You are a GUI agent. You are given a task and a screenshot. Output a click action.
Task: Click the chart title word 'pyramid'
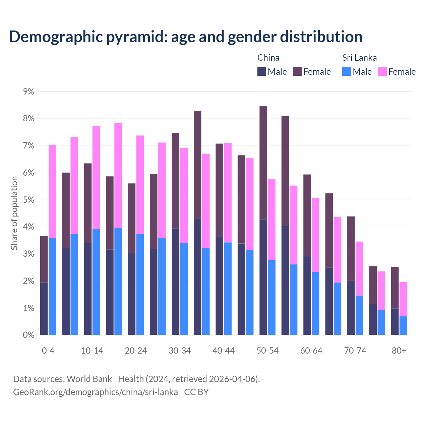pos(136,37)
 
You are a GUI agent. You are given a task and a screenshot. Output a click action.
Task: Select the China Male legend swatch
pos(262,71)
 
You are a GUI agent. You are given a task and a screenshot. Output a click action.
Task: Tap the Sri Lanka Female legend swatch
pos(382,71)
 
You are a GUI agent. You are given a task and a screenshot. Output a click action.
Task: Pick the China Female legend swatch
pos(297,71)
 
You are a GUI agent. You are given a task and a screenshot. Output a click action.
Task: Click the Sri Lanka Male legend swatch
pos(347,71)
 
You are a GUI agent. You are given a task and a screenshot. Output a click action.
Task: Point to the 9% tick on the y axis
pos(28,91)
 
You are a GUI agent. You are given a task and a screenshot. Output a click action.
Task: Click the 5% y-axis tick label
pos(28,200)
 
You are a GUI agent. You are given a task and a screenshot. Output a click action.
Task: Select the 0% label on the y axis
pos(28,335)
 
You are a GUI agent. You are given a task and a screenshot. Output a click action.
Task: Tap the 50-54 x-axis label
pos(267,351)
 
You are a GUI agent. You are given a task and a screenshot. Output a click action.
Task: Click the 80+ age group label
pos(399,351)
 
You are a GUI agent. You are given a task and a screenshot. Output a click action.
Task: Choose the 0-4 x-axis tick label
pos(48,351)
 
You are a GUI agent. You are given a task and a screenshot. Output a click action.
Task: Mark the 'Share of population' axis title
pos(14,213)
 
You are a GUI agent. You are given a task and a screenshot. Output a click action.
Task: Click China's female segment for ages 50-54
pos(263,163)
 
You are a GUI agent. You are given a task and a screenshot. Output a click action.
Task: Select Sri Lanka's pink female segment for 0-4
pos(52,191)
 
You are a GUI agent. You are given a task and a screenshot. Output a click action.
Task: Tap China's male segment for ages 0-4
pos(44,309)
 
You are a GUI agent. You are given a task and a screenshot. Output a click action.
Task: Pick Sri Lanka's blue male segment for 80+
pos(403,325)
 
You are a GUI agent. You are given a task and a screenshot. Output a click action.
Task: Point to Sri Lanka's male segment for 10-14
pos(96,282)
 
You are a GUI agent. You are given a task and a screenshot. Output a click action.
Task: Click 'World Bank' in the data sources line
pos(89,379)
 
